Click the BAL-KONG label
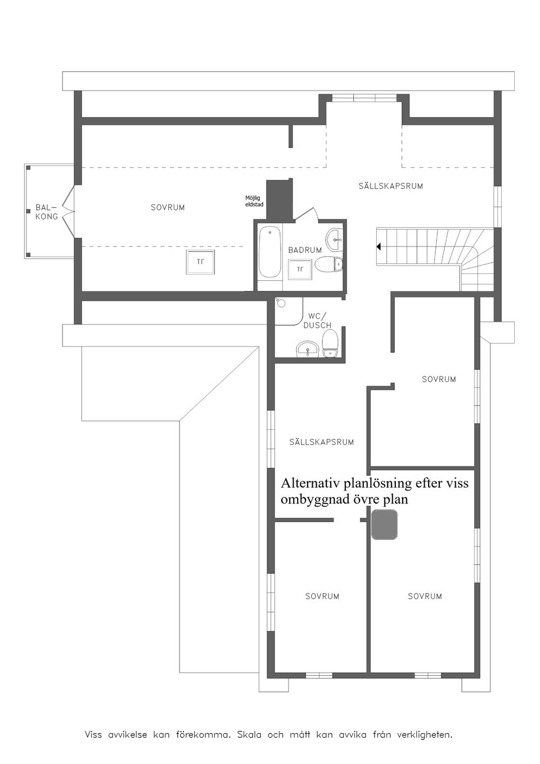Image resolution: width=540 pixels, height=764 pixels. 47,212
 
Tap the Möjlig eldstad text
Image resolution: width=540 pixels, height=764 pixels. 254,201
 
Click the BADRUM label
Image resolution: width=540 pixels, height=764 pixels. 305,250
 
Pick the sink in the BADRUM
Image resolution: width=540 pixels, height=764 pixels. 334,237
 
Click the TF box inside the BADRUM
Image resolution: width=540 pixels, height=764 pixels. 300,269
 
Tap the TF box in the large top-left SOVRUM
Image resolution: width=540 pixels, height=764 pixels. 200,262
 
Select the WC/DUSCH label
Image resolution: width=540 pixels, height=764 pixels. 317,321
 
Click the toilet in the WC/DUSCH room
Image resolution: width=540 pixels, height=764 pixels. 330,343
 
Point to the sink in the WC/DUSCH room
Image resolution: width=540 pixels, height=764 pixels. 307,349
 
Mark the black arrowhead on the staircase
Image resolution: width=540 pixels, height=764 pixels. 379,246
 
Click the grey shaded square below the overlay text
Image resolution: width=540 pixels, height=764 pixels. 384,524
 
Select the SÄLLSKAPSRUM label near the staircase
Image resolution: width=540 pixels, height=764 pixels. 391,186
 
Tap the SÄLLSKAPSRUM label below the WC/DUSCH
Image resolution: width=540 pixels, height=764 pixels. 322,442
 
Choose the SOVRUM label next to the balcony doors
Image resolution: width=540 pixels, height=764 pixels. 168,208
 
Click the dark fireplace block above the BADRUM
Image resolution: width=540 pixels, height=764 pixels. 279,200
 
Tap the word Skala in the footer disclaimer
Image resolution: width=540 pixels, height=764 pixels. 249,735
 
